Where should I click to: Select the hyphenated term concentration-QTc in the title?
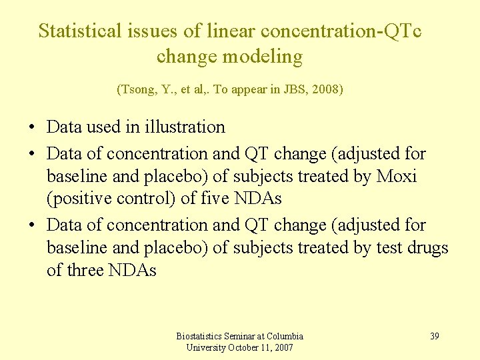pyautogui.click(x=341, y=31)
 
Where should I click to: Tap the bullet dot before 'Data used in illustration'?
pyautogui.click(x=33, y=127)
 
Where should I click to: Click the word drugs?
pyautogui.click(x=427, y=247)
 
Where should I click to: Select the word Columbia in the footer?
pyautogui.click(x=284, y=336)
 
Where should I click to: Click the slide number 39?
pyautogui.click(x=434, y=336)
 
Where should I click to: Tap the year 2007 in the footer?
pyautogui.click(x=282, y=347)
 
